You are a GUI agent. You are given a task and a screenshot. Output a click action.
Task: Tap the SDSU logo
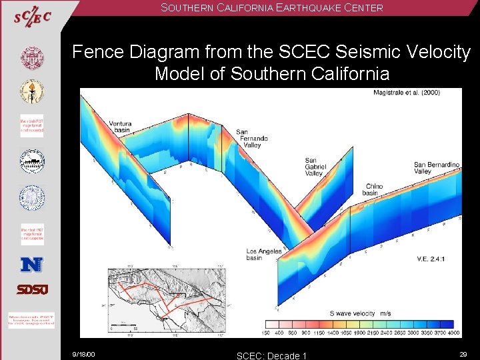[31, 289]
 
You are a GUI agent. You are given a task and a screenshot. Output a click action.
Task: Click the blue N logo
[31, 264]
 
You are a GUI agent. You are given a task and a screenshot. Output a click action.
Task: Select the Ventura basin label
[120, 127]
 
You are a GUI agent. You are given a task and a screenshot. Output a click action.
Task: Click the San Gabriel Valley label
[315, 167]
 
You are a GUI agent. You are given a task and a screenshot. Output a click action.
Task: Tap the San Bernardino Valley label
[437, 167]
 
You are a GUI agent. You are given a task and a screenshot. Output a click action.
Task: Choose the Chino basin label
[371, 189]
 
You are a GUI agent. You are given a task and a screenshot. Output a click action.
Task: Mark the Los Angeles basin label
[263, 255]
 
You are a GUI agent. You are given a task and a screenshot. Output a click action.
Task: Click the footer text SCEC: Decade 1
[271, 355]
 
